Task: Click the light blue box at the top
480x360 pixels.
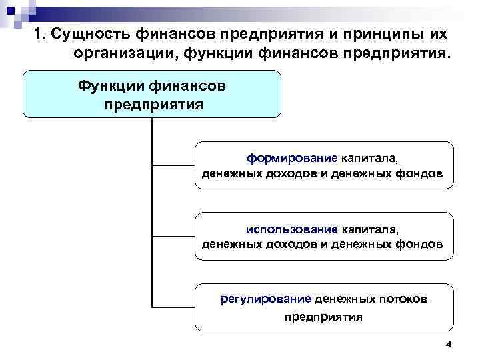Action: pos(152,94)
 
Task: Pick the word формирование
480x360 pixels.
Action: pos(293,159)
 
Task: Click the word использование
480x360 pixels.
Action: pos(292,230)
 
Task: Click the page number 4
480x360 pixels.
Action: pos(448,345)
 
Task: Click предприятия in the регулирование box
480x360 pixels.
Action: pos(324,317)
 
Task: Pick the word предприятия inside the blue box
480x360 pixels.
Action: pos(153,105)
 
